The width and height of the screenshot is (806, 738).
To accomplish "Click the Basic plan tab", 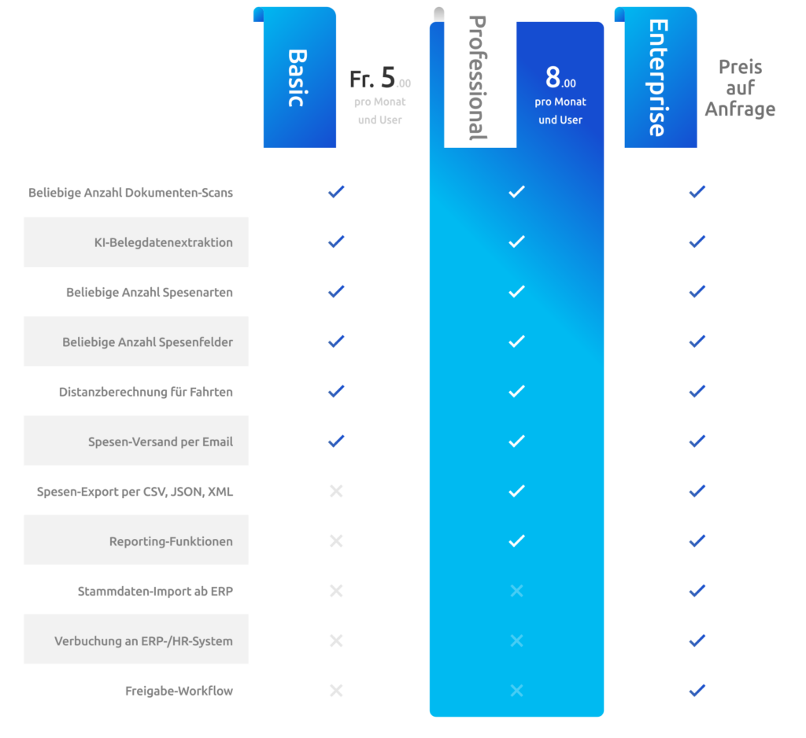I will click(x=299, y=79).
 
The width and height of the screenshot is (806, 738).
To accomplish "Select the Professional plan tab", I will click(x=479, y=79).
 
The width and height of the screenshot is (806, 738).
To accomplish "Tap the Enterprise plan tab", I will click(x=660, y=79).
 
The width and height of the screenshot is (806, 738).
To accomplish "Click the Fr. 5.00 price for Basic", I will click(x=380, y=79).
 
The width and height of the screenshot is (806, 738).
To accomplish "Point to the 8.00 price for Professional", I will click(x=560, y=79).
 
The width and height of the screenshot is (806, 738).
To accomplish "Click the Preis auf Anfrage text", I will click(x=740, y=88).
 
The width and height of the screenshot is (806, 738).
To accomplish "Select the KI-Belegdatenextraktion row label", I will click(x=163, y=242).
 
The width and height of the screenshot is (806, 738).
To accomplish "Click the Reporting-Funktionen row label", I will click(x=171, y=541).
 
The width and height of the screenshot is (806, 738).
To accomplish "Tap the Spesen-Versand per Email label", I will click(x=160, y=441).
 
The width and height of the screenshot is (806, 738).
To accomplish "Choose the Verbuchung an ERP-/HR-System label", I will click(x=143, y=640).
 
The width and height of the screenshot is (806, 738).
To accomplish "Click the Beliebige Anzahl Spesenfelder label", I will click(x=147, y=342).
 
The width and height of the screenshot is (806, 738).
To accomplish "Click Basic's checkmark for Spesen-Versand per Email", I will click(x=336, y=441).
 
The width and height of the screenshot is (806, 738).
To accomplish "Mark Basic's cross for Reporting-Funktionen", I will click(x=336, y=541).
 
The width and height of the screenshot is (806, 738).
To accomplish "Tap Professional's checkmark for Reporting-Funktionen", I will click(x=516, y=541).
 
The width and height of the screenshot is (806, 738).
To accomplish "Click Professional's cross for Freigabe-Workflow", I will click(x=516, y=690).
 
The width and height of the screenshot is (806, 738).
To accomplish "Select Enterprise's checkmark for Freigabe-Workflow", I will click(x=697, y=690).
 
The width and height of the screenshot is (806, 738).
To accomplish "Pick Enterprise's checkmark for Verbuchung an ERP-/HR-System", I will click(x=697, y=640).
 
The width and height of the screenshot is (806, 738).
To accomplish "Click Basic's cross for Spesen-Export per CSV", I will click(x=336, y=491).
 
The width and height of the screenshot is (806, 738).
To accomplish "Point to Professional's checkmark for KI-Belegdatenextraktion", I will click(x=516, y=242).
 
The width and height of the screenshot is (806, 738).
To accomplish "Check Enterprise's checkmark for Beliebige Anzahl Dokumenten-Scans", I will click(x=697, y=191).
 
